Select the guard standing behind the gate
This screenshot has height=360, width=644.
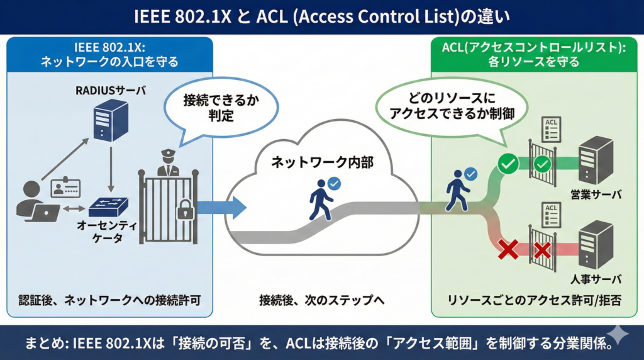point(167,163)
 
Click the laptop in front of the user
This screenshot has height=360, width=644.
point(46,213)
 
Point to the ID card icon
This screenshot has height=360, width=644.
point(65,188)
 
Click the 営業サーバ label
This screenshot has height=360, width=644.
point(596,194)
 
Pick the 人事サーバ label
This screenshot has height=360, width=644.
point(596,279)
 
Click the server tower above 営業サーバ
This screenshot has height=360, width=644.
point(595,161)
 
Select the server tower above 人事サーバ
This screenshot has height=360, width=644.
point(595,246)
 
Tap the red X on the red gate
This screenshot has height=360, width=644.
point(542,250)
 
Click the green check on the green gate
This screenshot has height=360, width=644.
point(542,165)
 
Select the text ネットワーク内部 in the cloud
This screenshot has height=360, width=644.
point(322,162)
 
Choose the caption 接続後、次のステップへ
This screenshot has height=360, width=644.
point(321,300)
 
